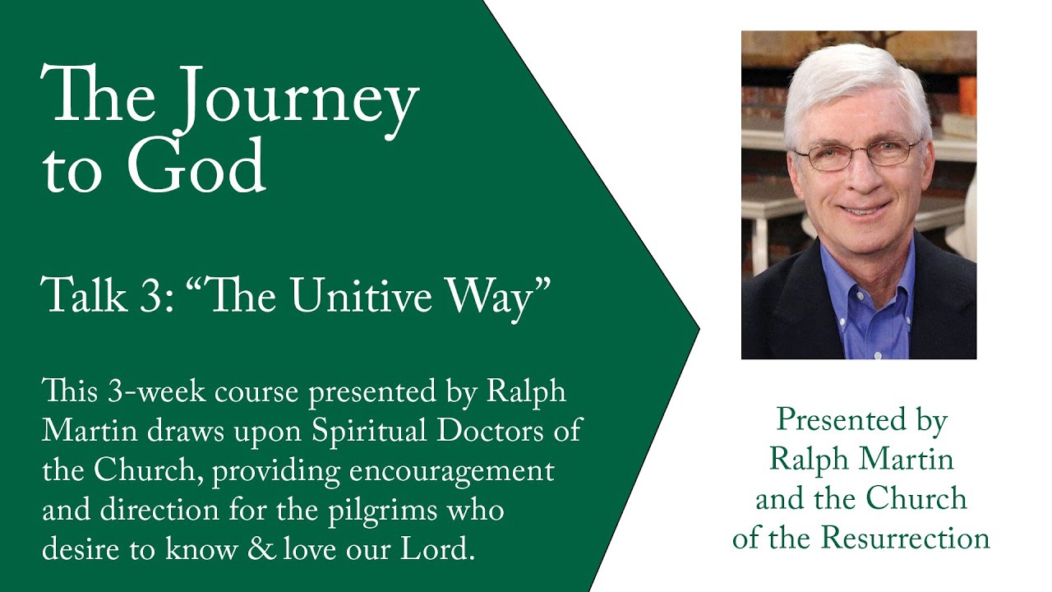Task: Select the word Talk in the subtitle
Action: (84, 296)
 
